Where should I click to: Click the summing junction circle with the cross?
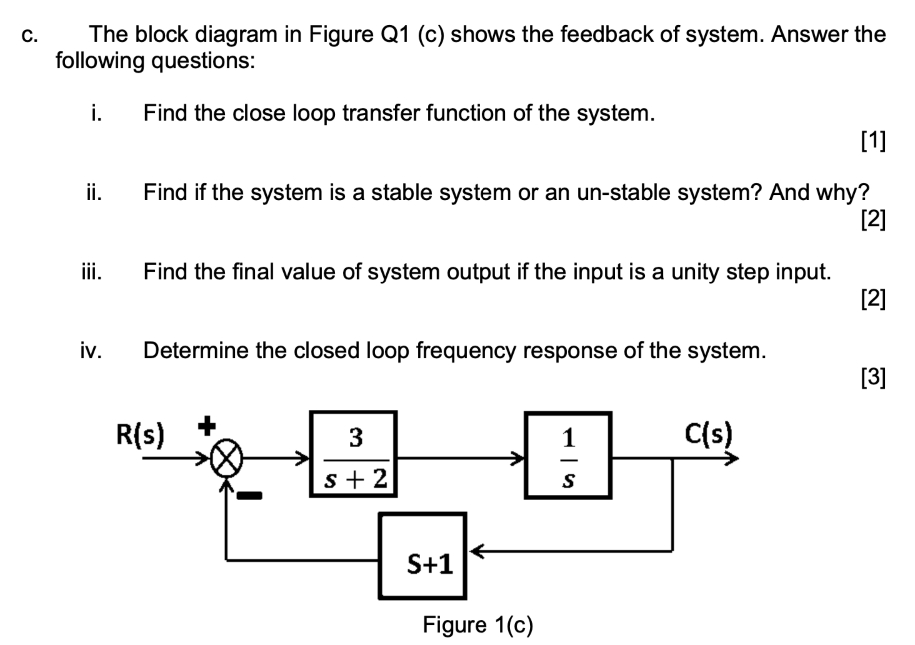226,458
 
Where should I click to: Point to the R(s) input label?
140,434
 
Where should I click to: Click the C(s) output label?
708,433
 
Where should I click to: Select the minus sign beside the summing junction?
249,496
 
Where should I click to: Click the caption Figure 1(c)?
477,625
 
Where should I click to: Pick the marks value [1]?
873,140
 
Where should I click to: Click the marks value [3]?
873,377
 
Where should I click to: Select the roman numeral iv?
91,351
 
